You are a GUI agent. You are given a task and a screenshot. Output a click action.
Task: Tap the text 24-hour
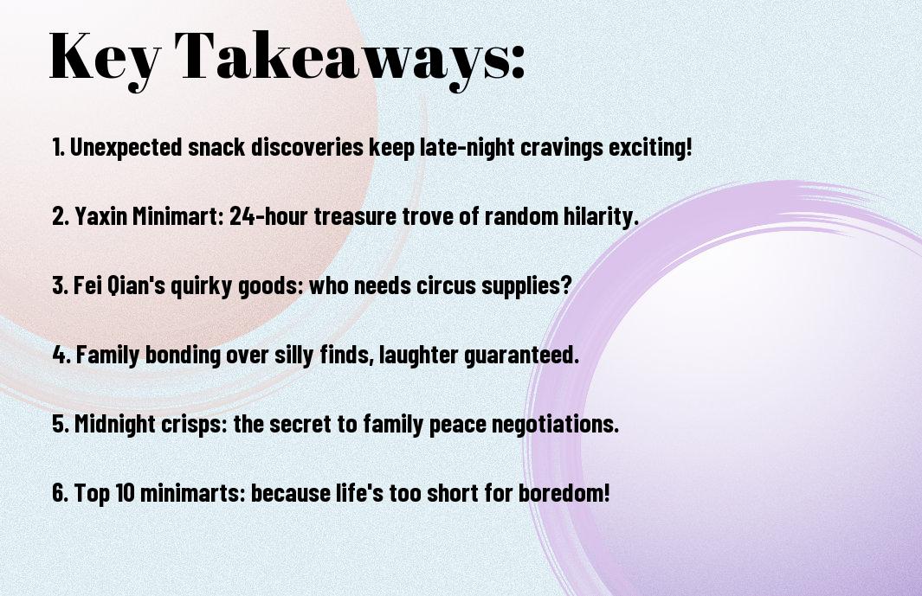click(x=268, y=216)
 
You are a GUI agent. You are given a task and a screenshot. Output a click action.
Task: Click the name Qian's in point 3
click(x=138, y=285)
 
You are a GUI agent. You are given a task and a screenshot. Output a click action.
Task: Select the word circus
click(x=447, y=285)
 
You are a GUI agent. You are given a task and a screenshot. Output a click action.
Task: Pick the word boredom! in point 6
click(x=564, y=493)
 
